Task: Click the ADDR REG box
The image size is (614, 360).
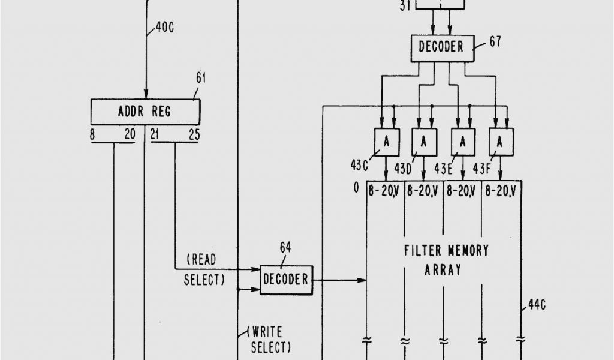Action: coord(145,112)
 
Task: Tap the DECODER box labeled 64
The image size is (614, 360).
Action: coord(286,280)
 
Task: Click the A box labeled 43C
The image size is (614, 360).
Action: coord(387,142)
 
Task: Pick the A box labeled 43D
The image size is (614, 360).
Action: coord(424,142)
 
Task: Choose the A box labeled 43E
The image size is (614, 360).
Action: coord(463,142)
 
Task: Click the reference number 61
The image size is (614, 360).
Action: coord(200,77)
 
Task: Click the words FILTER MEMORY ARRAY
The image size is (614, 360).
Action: coord(446,259)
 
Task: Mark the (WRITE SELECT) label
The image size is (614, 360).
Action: coord(270,339)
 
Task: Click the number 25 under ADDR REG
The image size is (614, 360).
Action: coord(194,134)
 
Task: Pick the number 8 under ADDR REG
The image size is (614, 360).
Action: coord(92,134)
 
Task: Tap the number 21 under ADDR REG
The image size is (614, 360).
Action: coord(155,134)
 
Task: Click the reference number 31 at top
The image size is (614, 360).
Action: coord(405,7)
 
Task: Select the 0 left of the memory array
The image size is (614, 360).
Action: coord(356,188)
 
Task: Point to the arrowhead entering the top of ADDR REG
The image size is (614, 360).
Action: coord(145,95)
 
